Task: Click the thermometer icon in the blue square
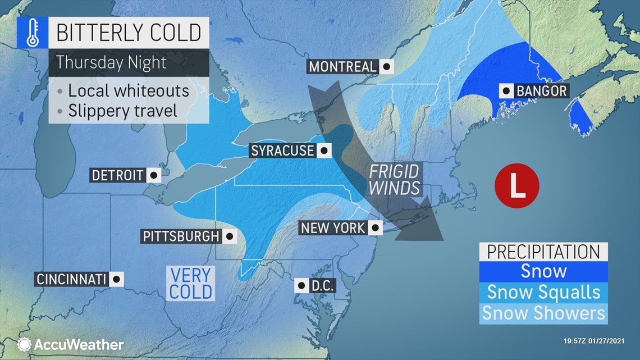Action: click(x=32, y=33)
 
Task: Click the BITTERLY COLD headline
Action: click(x=129, y=33)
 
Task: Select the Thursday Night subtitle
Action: click(x=111, y=62)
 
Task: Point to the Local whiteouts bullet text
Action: click(x=128, y=90)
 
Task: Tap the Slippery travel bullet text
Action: click(x=122, y=110)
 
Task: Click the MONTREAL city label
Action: click(x=342, y=67)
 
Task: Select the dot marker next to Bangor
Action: click(x=506, y=90)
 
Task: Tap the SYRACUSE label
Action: click(x=283, y=151)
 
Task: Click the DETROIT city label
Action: click(x=118, y=175)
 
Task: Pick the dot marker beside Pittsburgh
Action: click(x=229, y=236)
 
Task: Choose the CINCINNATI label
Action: click(x=71, y=279)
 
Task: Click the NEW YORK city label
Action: click(x=333, y=227)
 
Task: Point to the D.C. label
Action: click(x=322, y=285)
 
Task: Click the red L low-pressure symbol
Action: click(x=516, y=185)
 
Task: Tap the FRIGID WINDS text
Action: click(x=394, y=179)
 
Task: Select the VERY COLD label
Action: click(x=191, y=284)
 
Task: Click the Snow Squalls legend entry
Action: click(x=543, y=292)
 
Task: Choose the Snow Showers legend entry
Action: click(x=543, y=313)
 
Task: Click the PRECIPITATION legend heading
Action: click(x=543, y=252)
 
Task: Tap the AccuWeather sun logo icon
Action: click(x=24, y=344)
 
